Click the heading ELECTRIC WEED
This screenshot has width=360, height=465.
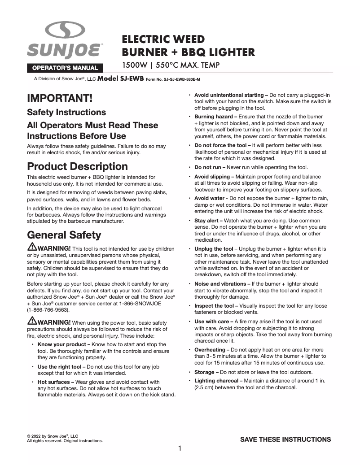click(163, 39)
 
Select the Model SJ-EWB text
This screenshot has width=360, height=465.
click(120, 78)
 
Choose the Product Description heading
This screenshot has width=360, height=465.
click(77, 166)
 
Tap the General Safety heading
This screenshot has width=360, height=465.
click(64, 235)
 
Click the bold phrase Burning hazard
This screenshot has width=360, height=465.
click(213, 117)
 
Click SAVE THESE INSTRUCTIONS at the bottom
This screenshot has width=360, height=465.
click(285, 439)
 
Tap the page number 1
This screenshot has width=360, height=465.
click(180, 448)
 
